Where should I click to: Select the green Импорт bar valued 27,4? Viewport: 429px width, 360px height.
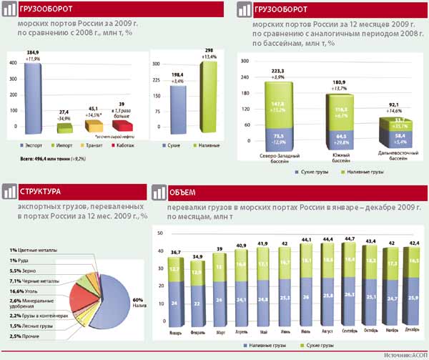(64, 129)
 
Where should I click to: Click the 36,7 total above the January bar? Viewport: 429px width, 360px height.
(175, 253)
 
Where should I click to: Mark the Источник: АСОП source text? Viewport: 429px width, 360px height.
(405, 355)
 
